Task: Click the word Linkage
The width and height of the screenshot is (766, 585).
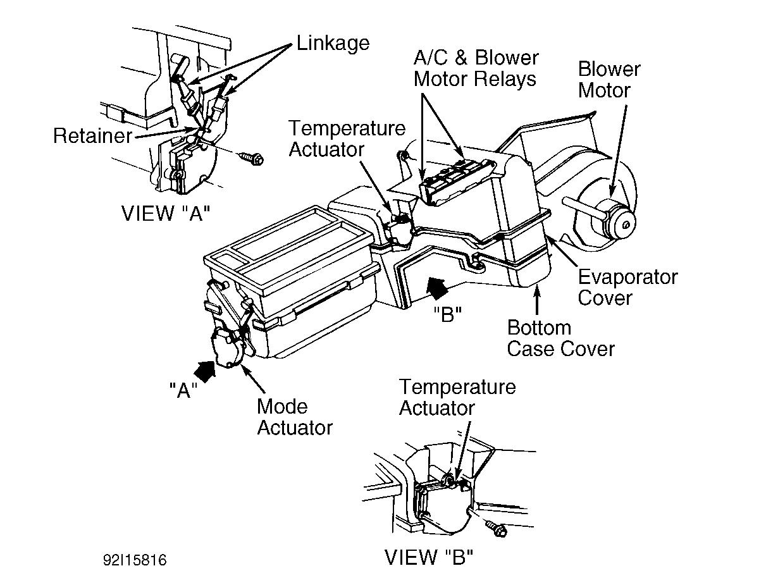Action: [333, 43]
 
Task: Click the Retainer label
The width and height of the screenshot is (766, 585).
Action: [92, 135]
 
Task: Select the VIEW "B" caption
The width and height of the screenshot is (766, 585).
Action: [429, 557]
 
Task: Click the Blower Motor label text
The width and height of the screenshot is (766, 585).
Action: [608, 79]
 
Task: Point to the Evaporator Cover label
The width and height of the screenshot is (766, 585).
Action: [627, 287]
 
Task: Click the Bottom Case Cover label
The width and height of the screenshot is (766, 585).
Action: [560, 338]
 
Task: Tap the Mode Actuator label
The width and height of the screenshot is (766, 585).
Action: [294, 417]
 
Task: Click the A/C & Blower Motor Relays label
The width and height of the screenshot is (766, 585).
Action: [476, 68]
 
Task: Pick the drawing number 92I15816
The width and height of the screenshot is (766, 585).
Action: [135, 560]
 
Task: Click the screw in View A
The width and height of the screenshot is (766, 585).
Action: [254, 158]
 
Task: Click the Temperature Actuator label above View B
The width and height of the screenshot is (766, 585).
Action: [457, 397]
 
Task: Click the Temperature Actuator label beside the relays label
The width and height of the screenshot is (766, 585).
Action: [347, 139]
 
